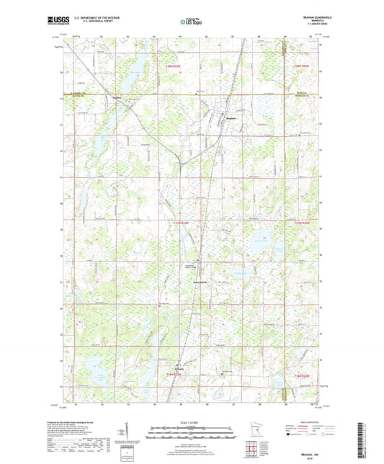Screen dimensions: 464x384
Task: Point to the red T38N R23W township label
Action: (x=169, y=66)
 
